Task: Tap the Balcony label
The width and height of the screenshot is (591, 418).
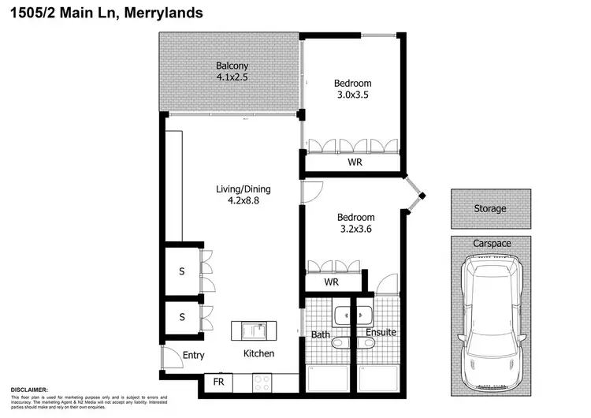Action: (232, 66)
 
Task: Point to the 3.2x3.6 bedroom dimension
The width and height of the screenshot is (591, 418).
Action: (355, 229)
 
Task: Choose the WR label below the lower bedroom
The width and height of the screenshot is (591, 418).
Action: (332, 282)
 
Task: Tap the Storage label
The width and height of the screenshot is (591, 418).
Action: (489, 209)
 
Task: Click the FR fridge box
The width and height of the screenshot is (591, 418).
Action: (218, 383)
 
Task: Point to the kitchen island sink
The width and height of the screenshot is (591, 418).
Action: (254, 330)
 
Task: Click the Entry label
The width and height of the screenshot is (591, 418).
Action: (194, 355)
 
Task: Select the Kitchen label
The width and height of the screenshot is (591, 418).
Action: (258, 353)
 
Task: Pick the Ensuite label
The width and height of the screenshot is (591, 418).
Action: (381, 333)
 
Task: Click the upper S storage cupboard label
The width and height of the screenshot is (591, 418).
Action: (181, 271)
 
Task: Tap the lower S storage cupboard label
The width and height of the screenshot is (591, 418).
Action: (181, 317)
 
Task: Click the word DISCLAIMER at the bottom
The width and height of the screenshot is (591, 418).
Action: (29, 390)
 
